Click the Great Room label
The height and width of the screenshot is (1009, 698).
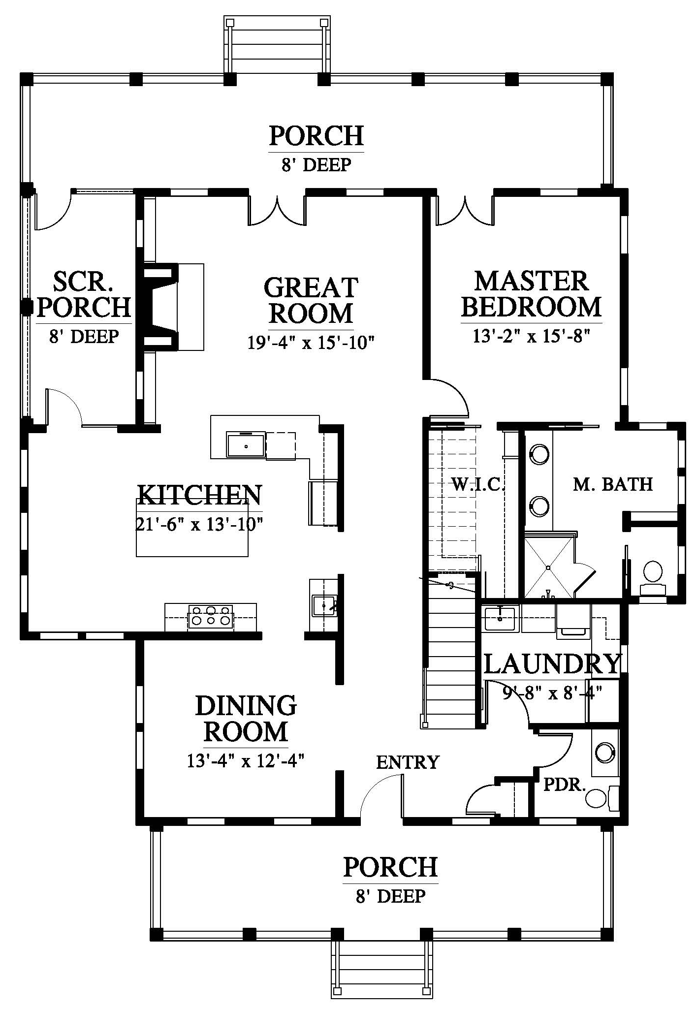click(x=311, y=301)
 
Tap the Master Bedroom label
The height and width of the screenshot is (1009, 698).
click(x=531, y=294)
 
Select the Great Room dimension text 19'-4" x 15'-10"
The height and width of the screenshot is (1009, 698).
click(x=311, y=342)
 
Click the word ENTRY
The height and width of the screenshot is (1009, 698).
click(x=408, y=762)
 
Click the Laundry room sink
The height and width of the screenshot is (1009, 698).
click(x=500, y=619)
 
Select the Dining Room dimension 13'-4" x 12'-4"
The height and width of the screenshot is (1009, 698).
click(x=246, y=761)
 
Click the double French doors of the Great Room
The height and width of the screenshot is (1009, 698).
click(x=278, y=210)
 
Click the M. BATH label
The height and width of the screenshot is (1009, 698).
click(x=613, y=484)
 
